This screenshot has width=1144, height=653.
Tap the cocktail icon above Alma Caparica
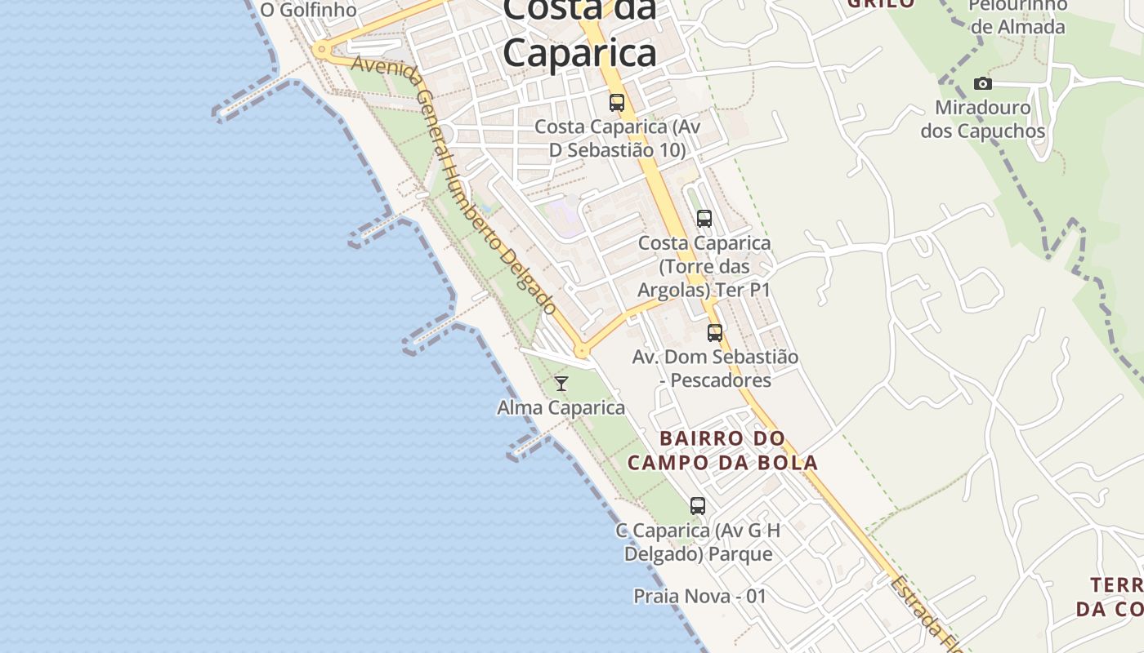[561, 383]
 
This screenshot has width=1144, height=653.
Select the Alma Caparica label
[561, 407]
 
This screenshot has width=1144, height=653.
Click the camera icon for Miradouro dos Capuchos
[983, 83]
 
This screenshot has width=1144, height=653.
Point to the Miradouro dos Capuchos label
[983, 119]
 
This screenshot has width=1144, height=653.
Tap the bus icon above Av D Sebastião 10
[617, 103]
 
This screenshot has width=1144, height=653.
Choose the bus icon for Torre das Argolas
[704, 219]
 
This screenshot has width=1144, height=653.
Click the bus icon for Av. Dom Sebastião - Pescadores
[715, 333]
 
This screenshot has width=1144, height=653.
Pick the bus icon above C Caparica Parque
[698, 506]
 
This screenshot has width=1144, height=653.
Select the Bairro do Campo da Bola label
[722, 451]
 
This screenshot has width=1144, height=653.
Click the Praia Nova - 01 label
[700, 596]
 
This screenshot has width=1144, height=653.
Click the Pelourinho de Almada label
[1018, 16]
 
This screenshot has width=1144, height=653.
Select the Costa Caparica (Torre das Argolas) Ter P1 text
[704, 267]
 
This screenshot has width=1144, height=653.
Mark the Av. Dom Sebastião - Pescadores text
[715, 369]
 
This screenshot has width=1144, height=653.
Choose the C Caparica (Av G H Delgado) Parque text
[698, 542]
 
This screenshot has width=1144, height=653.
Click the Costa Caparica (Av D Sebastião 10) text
[617, 139]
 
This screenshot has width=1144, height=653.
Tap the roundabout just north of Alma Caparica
[582, 352]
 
